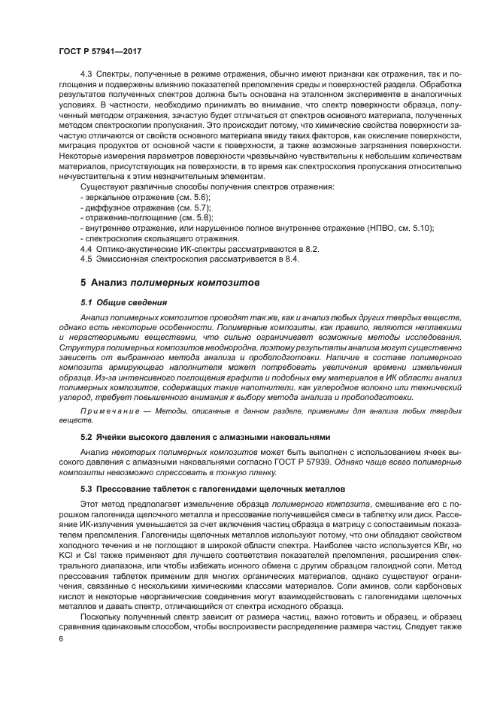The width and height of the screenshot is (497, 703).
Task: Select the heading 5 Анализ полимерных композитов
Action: tap(169, 282)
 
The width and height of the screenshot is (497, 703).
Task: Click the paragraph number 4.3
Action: tap(85, 75)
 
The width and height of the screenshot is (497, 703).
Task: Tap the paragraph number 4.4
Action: tap(85, 247)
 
